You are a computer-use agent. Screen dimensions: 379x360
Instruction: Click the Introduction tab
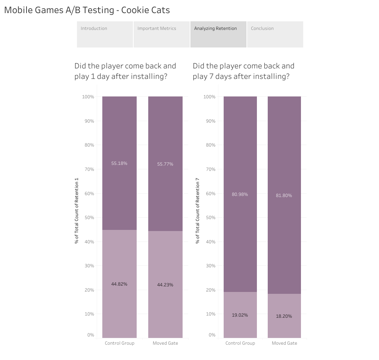[x=105, y=34]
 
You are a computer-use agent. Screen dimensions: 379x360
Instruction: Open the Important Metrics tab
[x=162, y=34]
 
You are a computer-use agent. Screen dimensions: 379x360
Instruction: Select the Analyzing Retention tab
[x=218, y=34]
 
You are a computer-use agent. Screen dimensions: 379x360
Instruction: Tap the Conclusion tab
[x=275, y=34]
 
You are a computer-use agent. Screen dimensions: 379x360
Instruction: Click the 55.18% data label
[x=119, y=163]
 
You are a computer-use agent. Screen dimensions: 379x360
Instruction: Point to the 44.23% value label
[x=165, y=285]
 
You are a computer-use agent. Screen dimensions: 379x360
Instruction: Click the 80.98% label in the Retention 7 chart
[x=240, y=194]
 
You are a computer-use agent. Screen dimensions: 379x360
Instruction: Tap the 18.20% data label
[x=284, y=316]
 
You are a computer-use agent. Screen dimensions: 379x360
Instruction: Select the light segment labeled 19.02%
[x=240, y=315]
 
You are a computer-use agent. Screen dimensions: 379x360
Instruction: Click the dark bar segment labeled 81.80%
[x=284, y=195]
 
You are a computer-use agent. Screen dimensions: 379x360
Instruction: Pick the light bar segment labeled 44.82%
[x=119, y=284]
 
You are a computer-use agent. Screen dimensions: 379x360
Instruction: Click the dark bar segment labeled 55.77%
[x=165, y=164]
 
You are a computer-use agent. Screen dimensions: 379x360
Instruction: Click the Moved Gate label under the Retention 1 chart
[x=165, y=343]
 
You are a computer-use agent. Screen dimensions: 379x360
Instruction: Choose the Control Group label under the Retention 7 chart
[x=240, y=343]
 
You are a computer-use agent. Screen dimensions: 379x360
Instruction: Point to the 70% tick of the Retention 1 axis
[x=89, y=169]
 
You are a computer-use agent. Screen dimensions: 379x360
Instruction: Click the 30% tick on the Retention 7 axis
[x=211, y=266]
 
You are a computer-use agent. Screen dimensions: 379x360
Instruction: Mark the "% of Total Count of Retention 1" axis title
[x=77, y=211]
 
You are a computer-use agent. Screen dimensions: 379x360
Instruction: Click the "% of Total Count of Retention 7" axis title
[x=198, y=211]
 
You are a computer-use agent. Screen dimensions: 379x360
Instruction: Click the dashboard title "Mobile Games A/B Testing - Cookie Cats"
[x=87, y=10]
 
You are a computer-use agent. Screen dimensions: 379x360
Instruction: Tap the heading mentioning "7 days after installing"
[x=243, y=71]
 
